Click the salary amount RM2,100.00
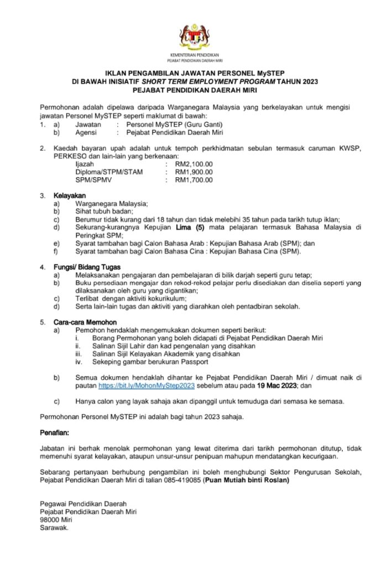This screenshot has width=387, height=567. coord(193,164)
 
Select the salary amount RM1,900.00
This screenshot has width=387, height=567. coord(193,172)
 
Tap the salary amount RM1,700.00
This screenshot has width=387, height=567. coord(193,180)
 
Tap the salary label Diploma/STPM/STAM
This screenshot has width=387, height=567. coord(109,172)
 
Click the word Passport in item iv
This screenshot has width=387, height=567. coord(192,362)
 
